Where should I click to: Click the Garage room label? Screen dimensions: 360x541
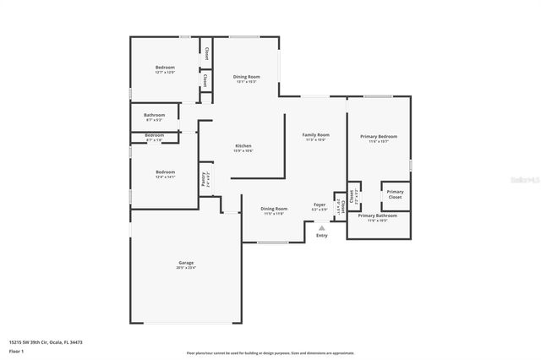point(186,263)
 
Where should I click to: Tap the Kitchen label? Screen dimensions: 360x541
point(243,146)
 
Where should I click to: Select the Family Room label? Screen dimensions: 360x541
point(316,135)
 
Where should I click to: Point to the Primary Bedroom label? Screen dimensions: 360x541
point(378,136)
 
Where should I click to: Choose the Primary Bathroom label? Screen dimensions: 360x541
point(377,215)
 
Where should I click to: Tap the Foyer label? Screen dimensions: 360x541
point(320,205)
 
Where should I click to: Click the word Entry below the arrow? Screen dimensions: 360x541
point(321,235)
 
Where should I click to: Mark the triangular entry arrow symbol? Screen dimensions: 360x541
point(321,226)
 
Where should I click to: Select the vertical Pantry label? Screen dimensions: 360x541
point(204,178)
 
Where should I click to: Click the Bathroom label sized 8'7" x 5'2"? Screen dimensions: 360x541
point(154,115)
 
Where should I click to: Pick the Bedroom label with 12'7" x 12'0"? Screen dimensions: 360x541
point(164,67)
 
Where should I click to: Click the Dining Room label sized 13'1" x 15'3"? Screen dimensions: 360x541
point(246,77)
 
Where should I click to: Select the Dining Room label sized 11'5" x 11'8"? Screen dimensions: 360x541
point(273,209)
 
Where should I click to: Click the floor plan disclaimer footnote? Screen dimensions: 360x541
point(270,353)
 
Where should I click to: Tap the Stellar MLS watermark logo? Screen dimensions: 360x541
point(516,181)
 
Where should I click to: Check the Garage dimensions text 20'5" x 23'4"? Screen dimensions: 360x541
point(186,268)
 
